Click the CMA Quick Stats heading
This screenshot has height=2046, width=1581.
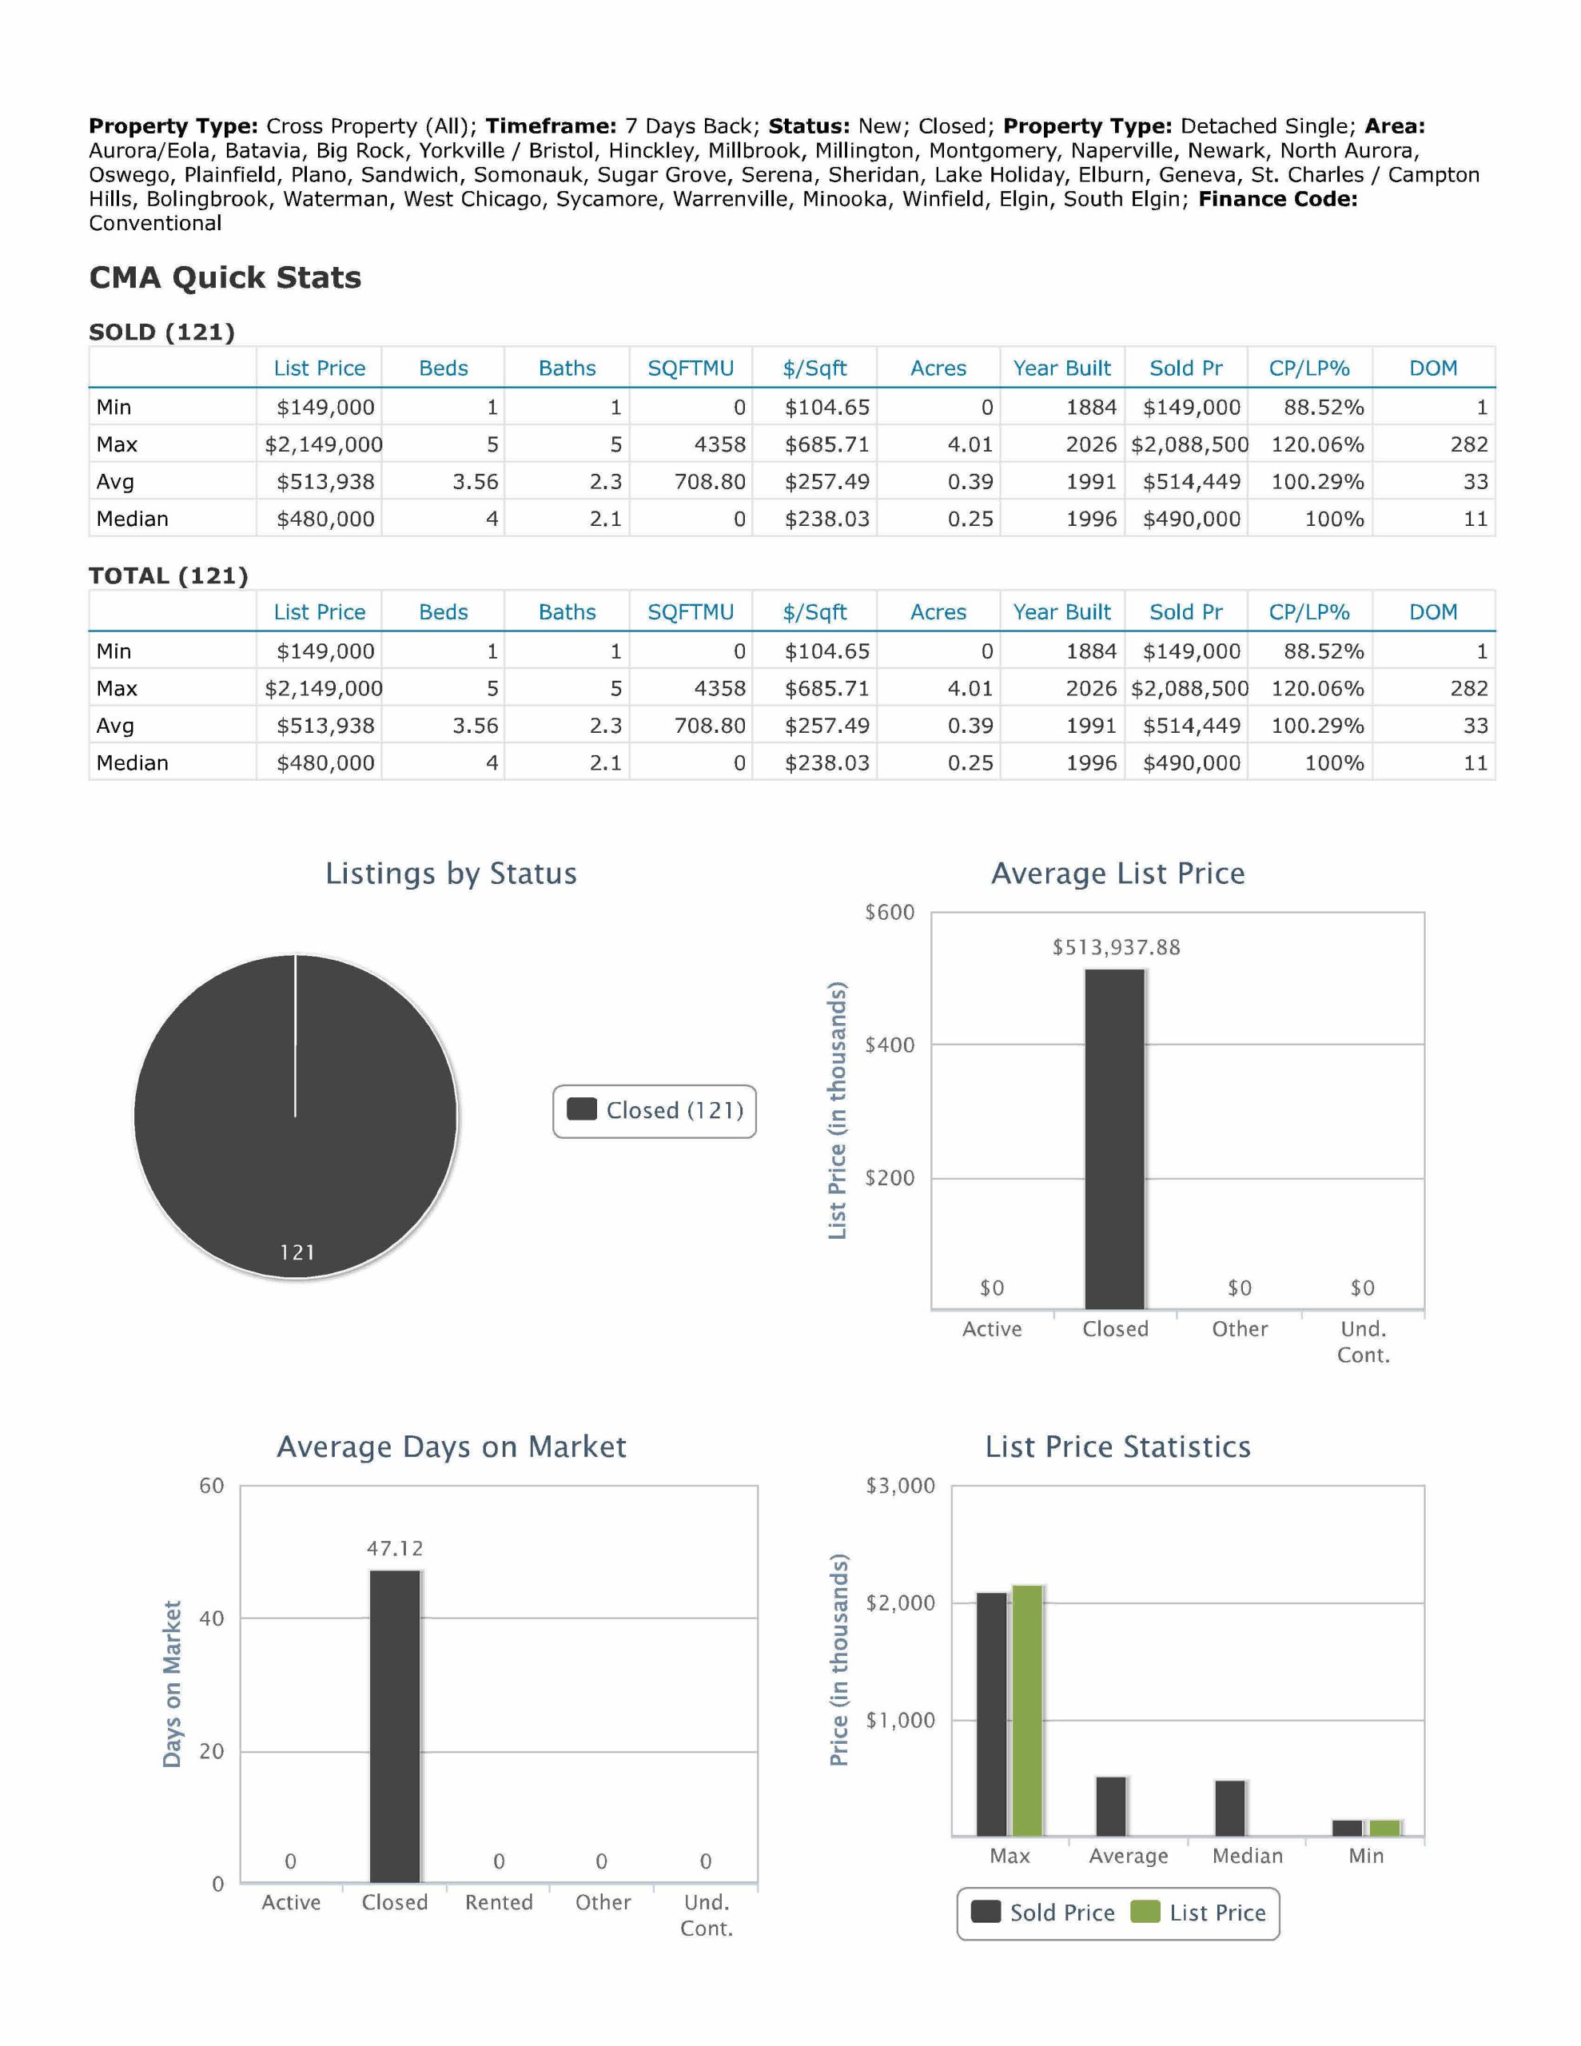point(225,277)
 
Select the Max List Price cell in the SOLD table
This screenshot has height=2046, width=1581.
point(324,444)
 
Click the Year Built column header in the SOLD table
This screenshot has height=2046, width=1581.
point(1061,368)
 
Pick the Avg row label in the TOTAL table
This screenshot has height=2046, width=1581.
point(115,725)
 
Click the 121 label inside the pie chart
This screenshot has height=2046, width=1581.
point(297,1252)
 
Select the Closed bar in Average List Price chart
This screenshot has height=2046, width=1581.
point(1114,1138)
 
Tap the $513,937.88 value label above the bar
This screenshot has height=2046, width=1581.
point(1115,947)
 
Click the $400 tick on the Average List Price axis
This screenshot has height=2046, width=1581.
point(889,1045)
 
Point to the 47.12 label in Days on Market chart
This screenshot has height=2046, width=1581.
point(395,1549)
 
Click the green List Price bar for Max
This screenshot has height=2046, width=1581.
point(1027,1710)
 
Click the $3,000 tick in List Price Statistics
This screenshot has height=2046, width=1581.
point(900,1486)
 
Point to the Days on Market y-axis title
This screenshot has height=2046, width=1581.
point(172,1683)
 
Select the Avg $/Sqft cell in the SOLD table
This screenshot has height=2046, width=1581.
point(826,481)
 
